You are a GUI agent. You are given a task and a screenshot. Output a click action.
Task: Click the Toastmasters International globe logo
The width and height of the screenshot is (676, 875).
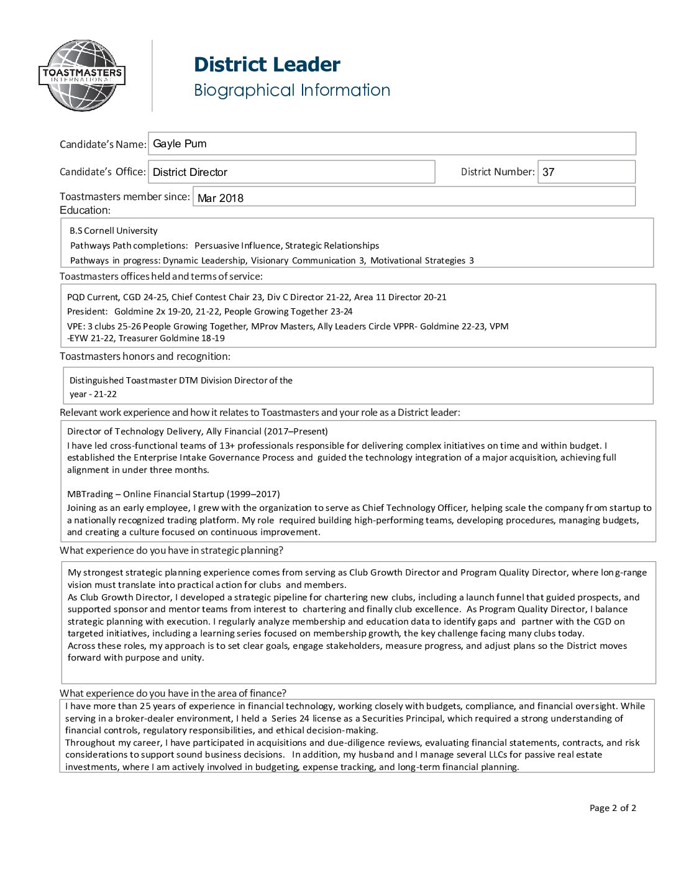click(x=81, y=76)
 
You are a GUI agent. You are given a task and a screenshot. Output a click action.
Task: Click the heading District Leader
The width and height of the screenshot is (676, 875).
click(x=267, y=65)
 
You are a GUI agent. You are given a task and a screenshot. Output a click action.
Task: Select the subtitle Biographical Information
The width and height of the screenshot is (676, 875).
click(x=292, y=90)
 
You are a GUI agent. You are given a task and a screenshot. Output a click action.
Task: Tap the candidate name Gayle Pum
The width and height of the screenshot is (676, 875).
click(x=180, y=144)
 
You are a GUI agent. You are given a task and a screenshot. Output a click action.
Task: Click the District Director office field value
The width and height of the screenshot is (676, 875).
click(x=190, y=172)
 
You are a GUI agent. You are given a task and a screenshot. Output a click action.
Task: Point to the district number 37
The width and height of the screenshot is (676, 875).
click(x=548, y=172)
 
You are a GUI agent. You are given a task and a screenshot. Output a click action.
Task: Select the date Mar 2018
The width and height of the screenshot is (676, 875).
click(x=221, y=198)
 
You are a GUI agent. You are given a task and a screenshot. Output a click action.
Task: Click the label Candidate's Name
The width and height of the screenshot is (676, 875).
click(x=103, y=144)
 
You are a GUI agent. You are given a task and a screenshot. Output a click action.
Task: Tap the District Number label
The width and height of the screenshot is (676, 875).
click(x=497, y=172)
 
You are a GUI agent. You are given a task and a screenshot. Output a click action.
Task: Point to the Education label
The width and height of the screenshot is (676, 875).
click(x=84, y=210)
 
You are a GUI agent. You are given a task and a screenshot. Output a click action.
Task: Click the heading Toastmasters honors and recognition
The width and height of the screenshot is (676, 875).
click(x=145, y=356)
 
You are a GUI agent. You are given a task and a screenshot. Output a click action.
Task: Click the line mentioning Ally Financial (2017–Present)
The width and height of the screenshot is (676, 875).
click(x=198, y=431)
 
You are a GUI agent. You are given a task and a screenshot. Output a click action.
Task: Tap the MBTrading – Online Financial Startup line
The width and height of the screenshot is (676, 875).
click(x=173, y=494)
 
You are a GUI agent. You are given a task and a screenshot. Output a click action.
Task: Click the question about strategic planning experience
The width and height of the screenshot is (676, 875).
click(x=171, y=550)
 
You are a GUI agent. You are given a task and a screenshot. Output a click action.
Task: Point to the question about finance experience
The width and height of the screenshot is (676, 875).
click(x=173, y=693)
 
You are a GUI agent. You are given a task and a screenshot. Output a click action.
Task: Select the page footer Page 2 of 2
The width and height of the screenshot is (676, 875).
click(x=613, y=808)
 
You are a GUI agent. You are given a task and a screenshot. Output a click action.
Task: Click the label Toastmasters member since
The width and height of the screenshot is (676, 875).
click(x=124, y=196)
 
